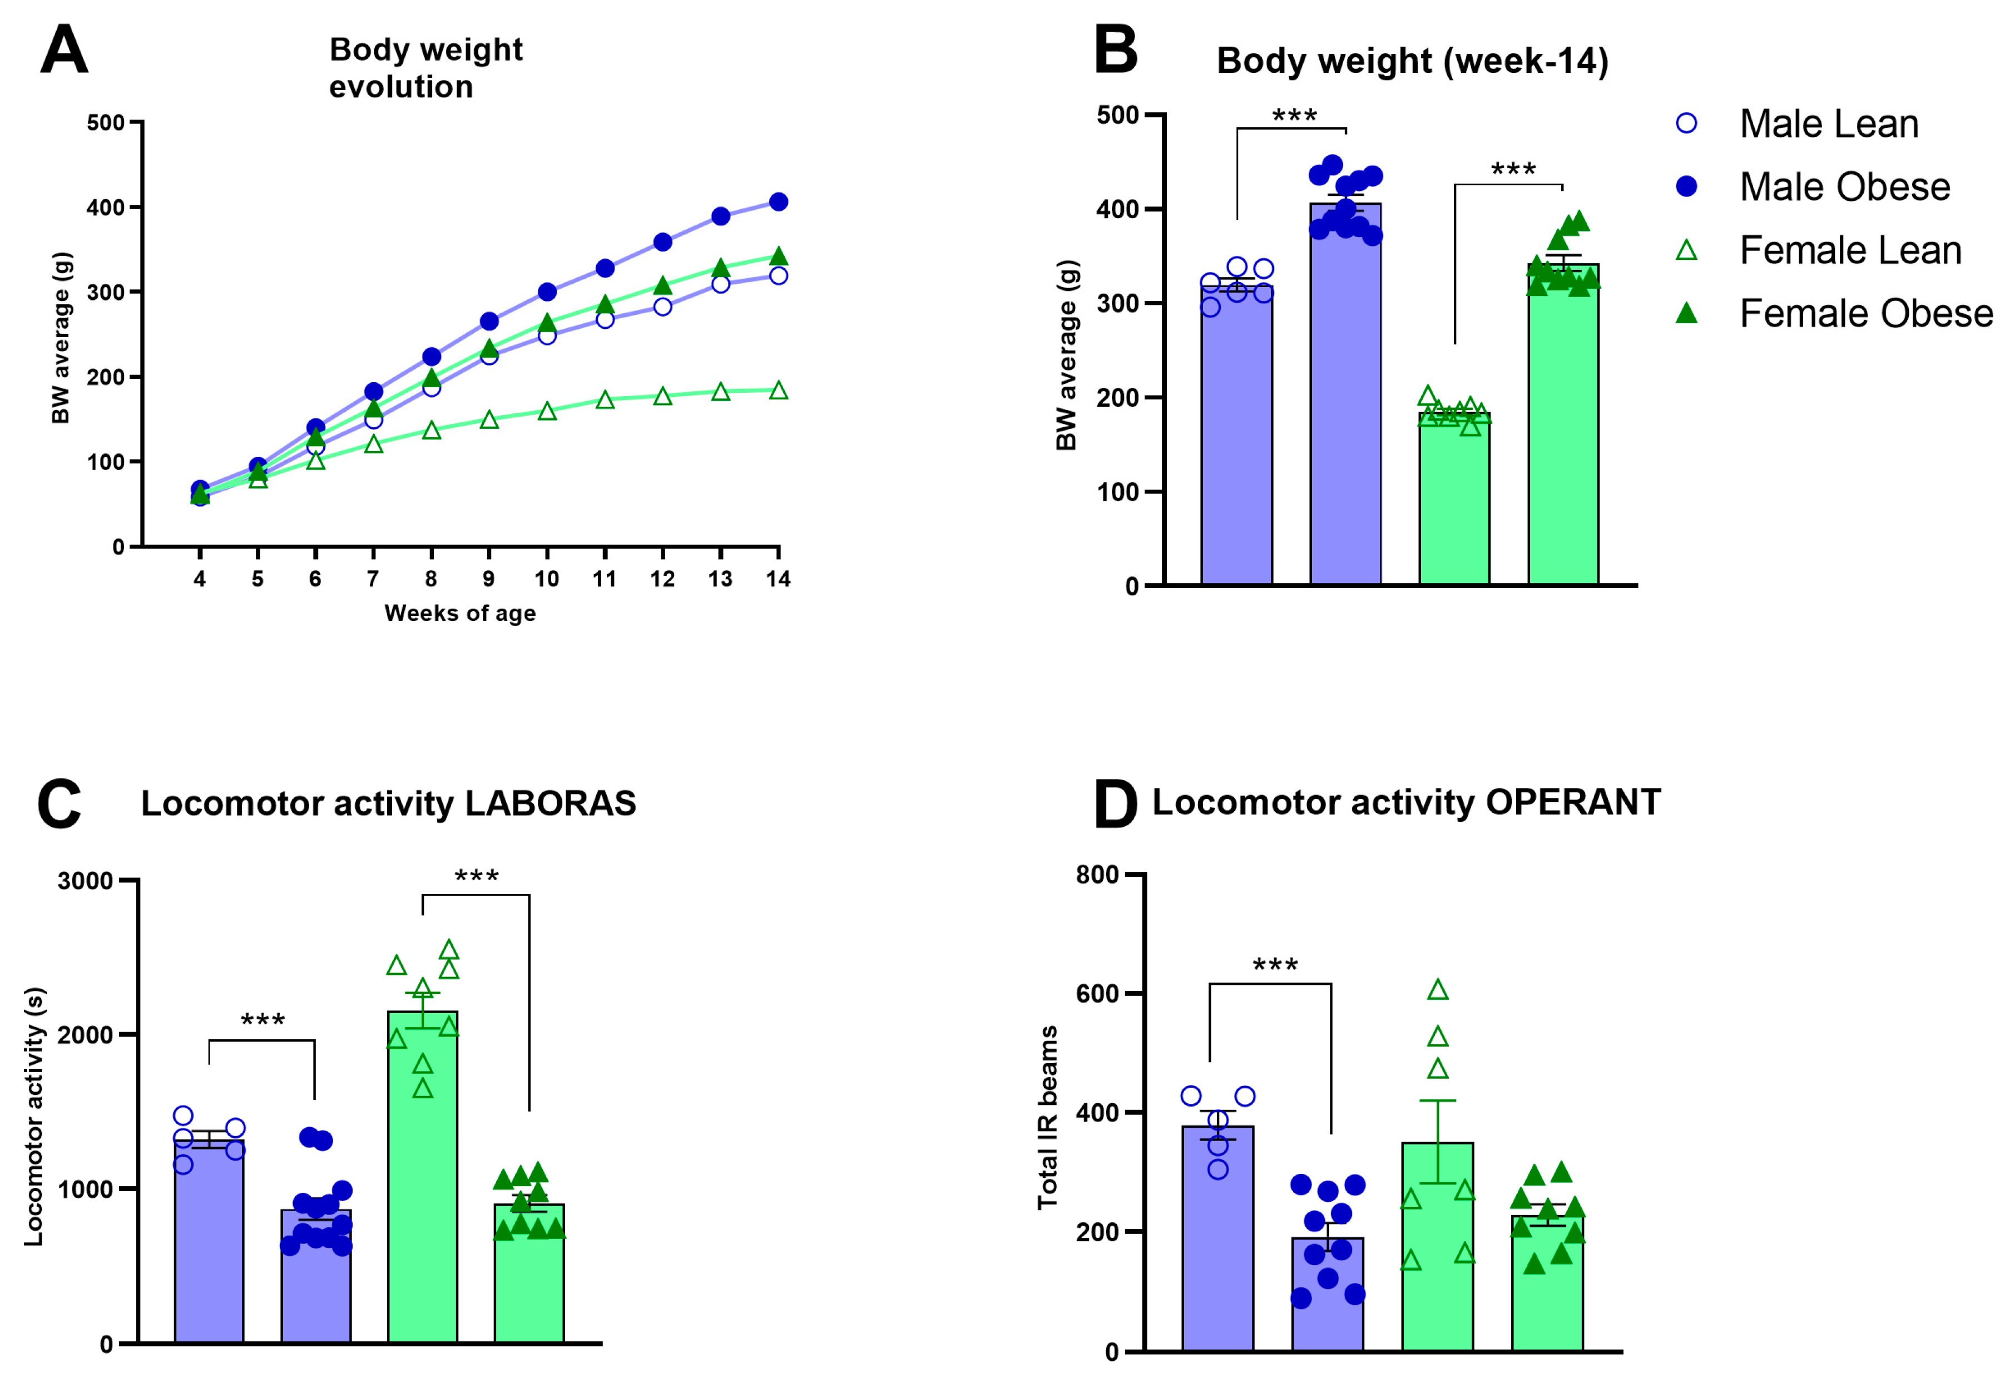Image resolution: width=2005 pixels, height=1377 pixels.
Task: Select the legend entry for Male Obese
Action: coord(1844,187)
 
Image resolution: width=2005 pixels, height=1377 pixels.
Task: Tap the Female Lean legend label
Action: coord(1850,251)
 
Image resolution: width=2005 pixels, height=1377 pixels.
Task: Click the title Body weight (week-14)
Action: coord(1412,61)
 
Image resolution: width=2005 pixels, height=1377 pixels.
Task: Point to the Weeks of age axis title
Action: coord(460,614)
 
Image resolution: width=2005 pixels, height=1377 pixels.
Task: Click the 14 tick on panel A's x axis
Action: coord(778,579)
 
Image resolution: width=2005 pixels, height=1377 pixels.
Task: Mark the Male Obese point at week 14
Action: coord(778,202)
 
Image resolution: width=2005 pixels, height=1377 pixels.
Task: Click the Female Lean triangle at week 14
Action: coord(778,391)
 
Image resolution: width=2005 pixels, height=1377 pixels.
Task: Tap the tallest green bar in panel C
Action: coord(423,1182)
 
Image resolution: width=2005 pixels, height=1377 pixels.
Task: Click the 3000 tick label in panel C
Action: coord(85,881)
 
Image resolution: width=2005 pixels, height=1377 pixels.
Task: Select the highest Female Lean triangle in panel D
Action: coord(1437,990)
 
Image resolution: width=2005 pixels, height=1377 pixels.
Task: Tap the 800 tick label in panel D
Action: coord(1097,875)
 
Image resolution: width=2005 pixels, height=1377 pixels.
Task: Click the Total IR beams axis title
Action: coord(1047,1117)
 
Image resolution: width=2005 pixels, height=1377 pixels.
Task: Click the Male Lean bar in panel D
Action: coord(1217,1242)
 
